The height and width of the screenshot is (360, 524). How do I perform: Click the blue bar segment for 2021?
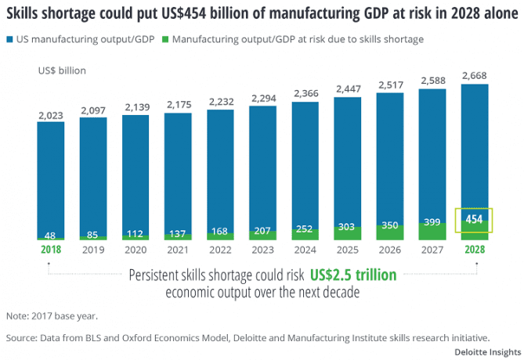coord(178,172)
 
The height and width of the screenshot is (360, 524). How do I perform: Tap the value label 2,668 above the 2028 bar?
coord(475,75)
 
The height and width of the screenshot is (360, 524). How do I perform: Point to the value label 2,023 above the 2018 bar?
coord(51,114)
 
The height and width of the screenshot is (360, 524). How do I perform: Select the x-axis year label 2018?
coord(51,250)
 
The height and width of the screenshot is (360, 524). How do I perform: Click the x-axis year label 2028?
coord(475,250)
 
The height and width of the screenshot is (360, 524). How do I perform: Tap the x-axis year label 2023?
coord(262,250)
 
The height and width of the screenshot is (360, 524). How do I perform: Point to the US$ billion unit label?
coord(62,70)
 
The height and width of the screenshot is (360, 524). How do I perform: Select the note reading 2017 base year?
coord(53,316)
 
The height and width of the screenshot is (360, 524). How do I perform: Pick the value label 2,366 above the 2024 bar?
coord(305,94)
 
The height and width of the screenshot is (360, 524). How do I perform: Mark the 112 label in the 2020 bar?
coord(136,232)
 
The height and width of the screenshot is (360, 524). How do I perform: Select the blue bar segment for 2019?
coord(93,176)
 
